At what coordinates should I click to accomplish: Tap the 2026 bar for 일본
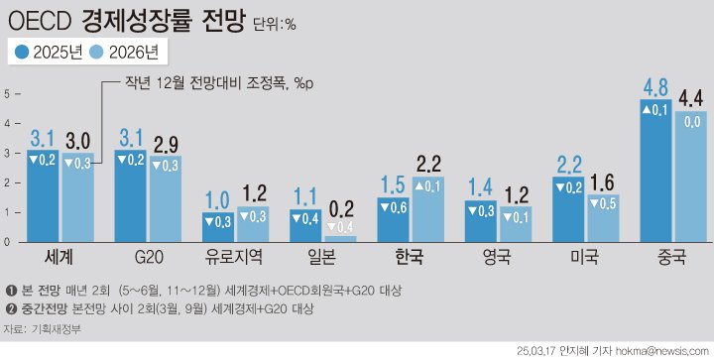340,237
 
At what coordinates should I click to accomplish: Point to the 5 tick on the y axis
7,93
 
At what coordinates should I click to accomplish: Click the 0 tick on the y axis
7,241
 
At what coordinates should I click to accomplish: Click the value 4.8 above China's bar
655,87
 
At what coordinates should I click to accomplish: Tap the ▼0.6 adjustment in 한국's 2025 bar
395,208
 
